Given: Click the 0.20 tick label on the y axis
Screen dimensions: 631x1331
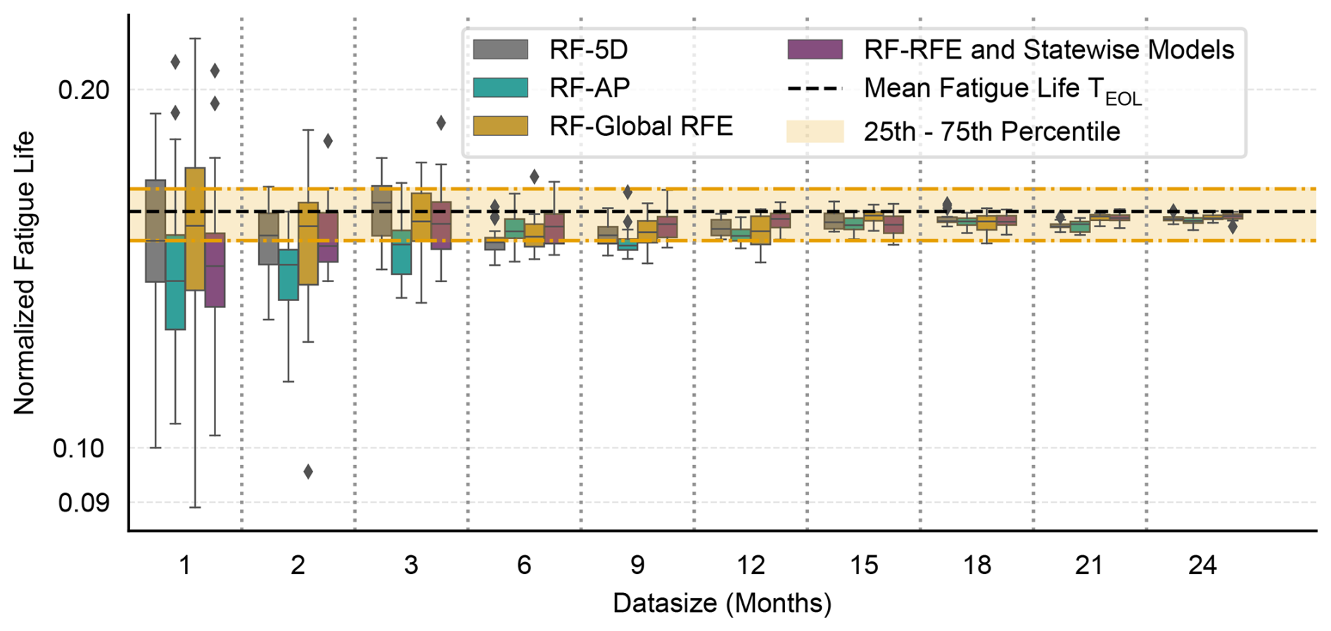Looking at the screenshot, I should point(84,90).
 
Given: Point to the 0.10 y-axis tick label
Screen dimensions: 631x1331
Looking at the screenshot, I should point(78,448).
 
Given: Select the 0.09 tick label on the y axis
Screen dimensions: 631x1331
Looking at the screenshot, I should point(84,502).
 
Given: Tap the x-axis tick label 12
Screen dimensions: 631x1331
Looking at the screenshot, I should point(751,565).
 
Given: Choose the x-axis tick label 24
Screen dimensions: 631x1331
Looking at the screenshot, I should point(1202,565).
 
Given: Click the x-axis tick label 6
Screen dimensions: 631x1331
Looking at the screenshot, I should point(524,565).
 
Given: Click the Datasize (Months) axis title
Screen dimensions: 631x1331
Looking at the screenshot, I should point(722,604).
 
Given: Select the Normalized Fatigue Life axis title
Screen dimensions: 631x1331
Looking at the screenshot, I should point(25,273).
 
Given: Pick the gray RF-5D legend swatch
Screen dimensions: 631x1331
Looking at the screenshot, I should point(500,50).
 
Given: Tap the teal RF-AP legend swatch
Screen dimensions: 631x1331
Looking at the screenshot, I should point(500,88).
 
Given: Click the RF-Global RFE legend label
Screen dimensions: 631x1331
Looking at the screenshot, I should point(641,127).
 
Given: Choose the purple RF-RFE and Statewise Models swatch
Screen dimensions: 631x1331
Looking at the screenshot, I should point(815,50).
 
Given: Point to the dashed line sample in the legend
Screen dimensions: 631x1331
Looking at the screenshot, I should point(815,89).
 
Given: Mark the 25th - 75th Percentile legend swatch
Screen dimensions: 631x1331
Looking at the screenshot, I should point(815,132).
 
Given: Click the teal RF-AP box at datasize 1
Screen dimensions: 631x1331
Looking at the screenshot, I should point(175,282).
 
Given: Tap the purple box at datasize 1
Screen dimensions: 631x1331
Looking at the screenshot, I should point(215,270).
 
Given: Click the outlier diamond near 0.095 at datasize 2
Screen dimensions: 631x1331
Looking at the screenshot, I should point(308,471).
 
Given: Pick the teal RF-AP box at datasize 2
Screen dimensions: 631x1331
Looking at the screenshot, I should point(288,274).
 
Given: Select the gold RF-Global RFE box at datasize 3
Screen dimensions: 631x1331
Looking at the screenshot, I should point(421,217).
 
